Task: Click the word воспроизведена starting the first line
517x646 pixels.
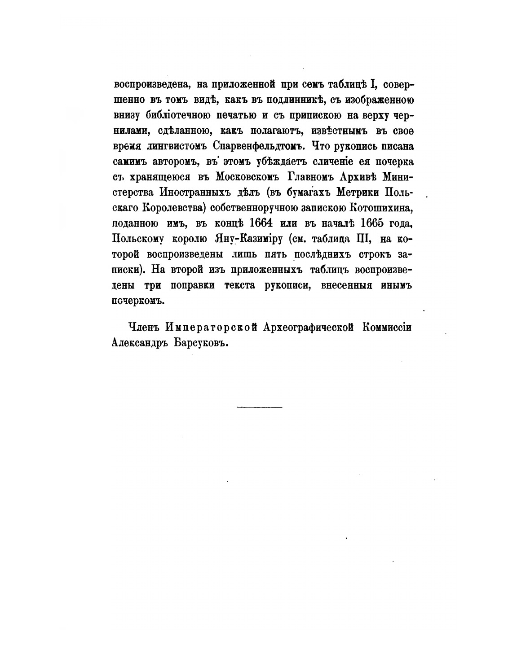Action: coord(152,85)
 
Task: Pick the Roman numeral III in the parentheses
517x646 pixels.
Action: coord(362,239)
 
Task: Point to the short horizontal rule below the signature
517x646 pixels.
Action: coord(259,407)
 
